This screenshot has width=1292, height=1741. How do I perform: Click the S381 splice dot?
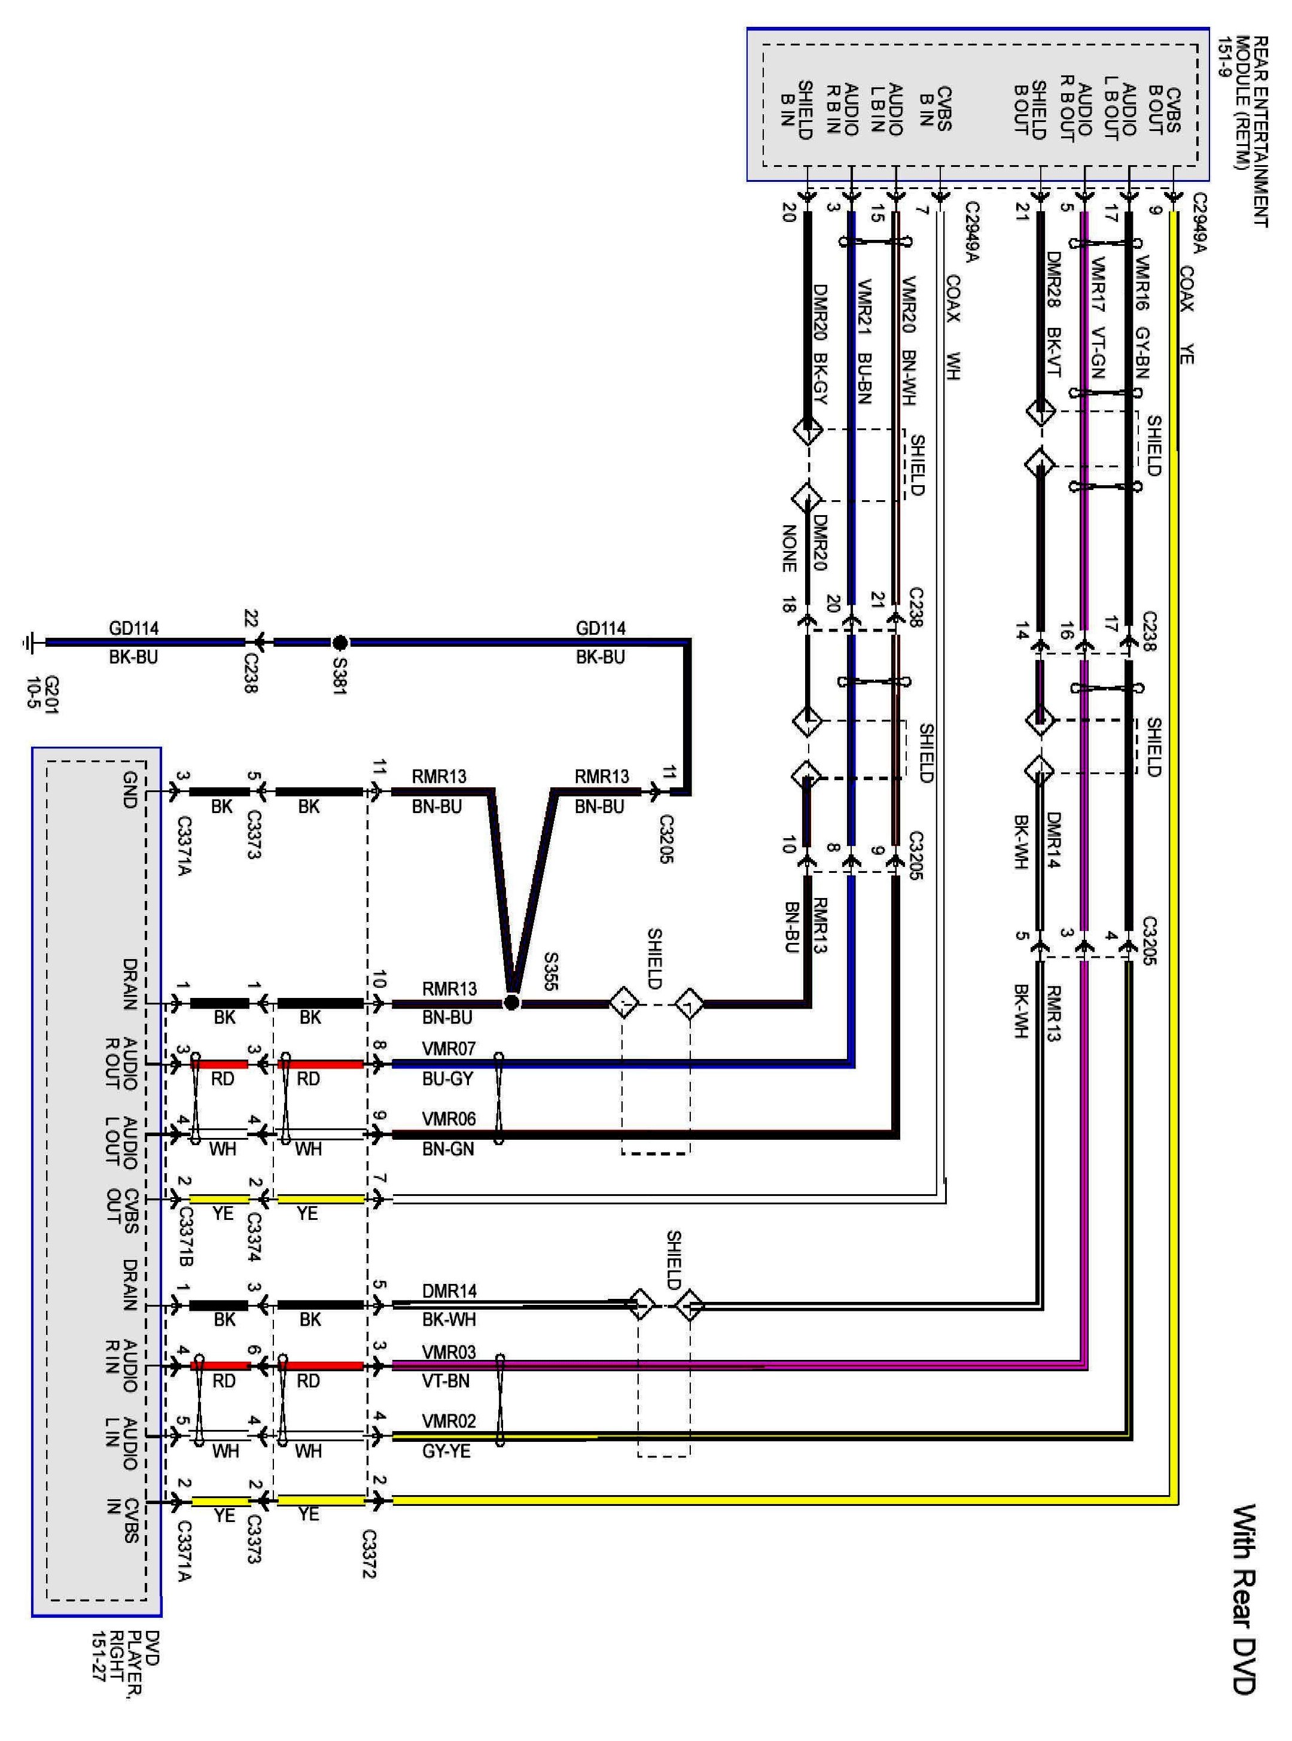(x=339, y=643)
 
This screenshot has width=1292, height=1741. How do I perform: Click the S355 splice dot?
(x=511, y=1003)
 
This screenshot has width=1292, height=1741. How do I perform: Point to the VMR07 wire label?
(x=449, y=1048)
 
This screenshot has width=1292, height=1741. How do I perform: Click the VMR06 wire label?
(x=449, y=1119)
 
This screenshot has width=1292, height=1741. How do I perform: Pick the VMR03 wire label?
(x=449, y=1352)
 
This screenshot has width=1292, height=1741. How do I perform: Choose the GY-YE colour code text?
(x=447, y=1451)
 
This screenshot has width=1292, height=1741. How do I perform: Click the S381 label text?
(x=339, y=675)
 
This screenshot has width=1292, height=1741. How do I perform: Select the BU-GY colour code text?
(x=447, y=1079)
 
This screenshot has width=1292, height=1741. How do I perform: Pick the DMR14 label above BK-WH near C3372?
(x=449, y=1290)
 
